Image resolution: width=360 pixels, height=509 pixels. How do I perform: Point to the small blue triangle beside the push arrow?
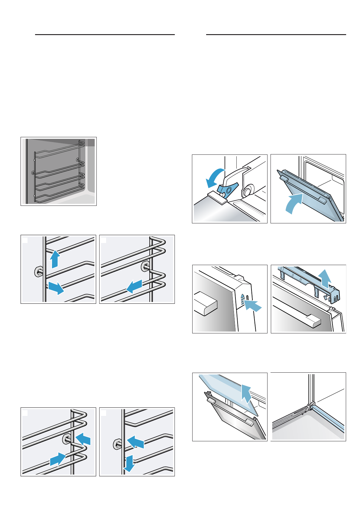coord(242,297)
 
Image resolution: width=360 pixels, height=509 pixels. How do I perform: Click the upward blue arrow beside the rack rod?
coord(55,258)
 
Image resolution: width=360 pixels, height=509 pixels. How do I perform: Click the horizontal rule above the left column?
coord(105,35)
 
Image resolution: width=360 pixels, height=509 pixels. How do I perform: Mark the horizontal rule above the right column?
coord(276,35)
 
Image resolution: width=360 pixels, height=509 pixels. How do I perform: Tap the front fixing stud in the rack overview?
coord(33,173)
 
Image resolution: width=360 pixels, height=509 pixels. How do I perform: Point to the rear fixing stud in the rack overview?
coord(78,160)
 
